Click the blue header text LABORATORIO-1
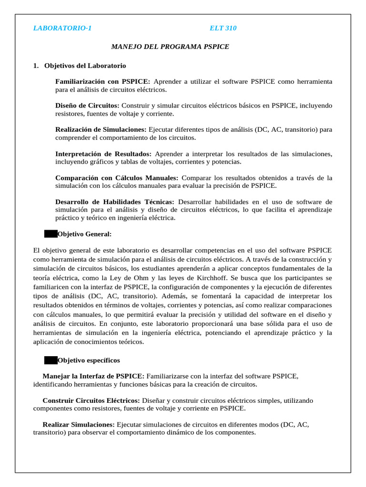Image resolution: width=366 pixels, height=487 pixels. pyautogui.click(x=62, y=28)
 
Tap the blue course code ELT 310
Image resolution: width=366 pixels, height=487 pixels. pyautogui.click(x=223, y=28)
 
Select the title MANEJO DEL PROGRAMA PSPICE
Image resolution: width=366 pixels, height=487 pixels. pyautogui.click(x=170, y=47)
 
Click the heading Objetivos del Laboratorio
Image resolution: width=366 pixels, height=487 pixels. pyautogui.click(x=85, y=66)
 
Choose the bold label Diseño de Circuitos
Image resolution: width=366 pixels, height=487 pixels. pyautogui.click(x=88, y=105)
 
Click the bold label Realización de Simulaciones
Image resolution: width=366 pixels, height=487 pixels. pyautogui.click(x=101, y=129)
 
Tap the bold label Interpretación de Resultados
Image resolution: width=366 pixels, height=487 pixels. pyautogui.click(x=103, y=154)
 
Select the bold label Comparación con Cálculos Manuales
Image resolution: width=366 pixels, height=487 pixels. pyautogui.click(x=117, y=177)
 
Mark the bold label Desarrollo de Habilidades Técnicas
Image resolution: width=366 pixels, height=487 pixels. pyautogui.click(x=115, y=202)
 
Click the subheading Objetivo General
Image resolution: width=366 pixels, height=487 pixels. pyautogui.click(x=84, y=234)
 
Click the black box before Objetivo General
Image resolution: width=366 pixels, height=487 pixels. pyautogui.click(x=51, y=234)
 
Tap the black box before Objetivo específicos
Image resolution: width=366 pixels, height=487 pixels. pyautogui.click(x=51, y=360)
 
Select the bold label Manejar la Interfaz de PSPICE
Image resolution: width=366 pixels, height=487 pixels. pyautogui.click(x=93, y=376)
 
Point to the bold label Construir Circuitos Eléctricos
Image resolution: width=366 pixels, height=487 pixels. pyautogui.click(x=91, y=400)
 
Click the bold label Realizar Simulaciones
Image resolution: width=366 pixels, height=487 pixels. pyautogui.click(x=79, y=424)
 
